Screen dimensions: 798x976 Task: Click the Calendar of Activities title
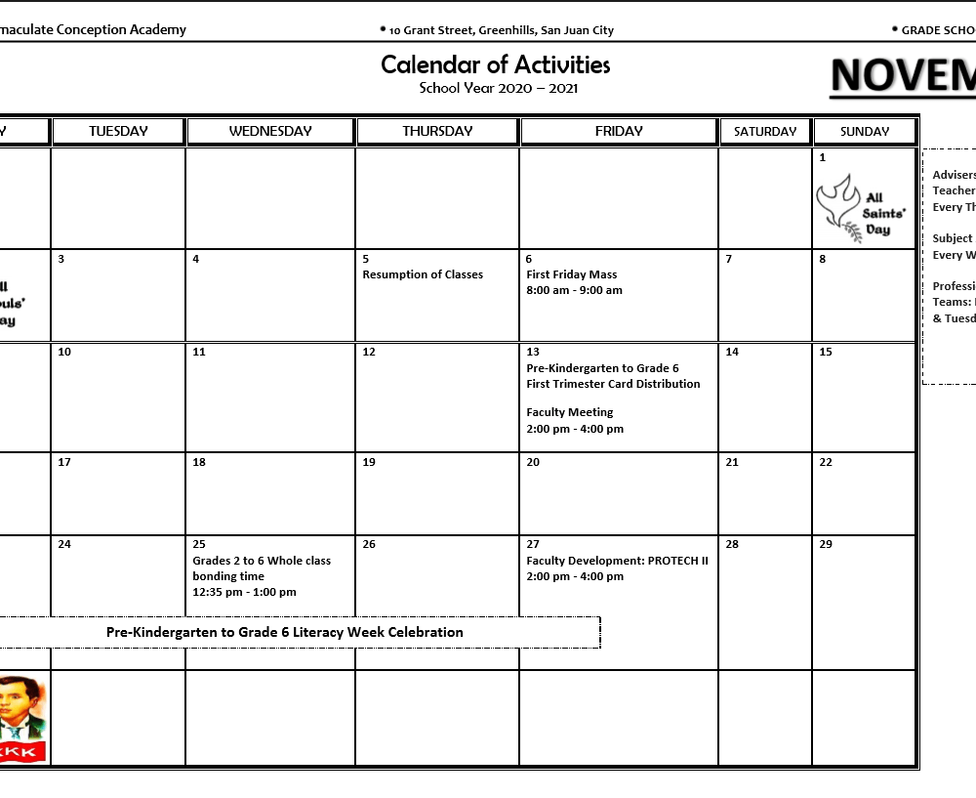(495, 64)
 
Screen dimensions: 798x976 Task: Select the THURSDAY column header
(437, 131)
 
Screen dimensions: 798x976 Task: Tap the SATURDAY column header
(765, 132)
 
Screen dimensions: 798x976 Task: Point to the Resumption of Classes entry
(423, 274)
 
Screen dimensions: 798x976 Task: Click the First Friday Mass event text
(572, 274)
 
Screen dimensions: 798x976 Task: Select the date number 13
(533, 352)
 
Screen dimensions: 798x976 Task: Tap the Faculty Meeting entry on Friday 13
(570, 412)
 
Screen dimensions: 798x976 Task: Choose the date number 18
(199, 462)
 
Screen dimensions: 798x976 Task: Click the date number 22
(826, 462)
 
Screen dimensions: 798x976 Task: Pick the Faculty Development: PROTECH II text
(617, 561)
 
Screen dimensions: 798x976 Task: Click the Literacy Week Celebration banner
(285, 632)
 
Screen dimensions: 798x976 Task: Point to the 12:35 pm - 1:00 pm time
(244, 592)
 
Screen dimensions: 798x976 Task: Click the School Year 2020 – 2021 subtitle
(499, 88)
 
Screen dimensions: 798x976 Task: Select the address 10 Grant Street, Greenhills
(501, 30)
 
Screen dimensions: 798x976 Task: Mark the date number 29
(826, 544)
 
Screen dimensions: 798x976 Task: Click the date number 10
(64, 352)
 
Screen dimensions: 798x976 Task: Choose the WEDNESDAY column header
(270, 131)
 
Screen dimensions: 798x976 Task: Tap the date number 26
(369, 544)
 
